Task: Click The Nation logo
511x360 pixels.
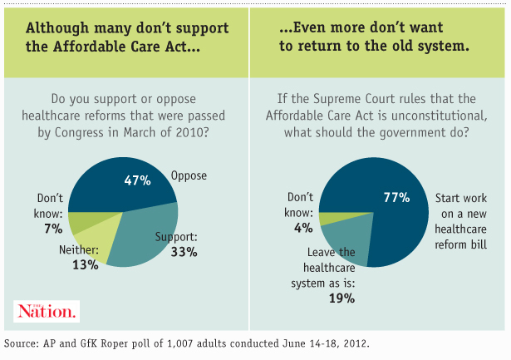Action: pyautogui.click(x=47, y=311)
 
